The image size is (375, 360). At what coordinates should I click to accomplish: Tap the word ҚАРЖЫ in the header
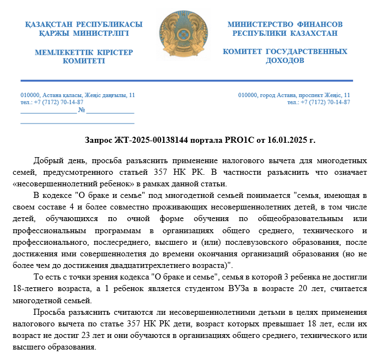pos(58,33)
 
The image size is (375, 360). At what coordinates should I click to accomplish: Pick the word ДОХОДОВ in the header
pos(285,60)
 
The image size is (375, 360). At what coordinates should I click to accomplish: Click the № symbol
pos(82,110)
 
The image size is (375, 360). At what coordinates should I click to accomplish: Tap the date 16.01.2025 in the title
pos(288,140)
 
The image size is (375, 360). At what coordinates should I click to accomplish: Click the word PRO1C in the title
pos(241,140)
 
